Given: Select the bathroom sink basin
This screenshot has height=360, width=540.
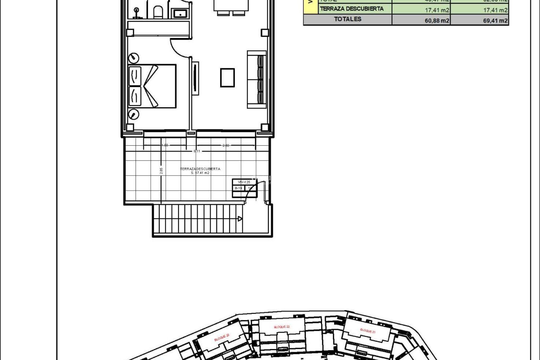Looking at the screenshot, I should pyautogui.click(x=178, y=13).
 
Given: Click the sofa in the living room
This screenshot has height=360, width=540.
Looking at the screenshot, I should pyautogui.click(x=256, y=80).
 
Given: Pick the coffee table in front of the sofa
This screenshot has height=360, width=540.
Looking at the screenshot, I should pyautogui.click(x=227, y=78).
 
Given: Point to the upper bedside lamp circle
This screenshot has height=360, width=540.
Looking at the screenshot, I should pyautogui.click(x=134, y=58).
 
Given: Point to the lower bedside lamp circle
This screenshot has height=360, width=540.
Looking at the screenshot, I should pyautogui.click(x=134, y=114).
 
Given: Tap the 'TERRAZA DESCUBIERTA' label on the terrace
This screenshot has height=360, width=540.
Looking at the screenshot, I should pyautogui.click(x=200, y=169).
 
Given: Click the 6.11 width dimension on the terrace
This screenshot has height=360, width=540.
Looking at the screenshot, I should pyautogui.click(x=197, y=151).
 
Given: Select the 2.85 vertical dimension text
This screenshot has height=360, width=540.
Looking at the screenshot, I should pyautogui.click(x=161, y=171).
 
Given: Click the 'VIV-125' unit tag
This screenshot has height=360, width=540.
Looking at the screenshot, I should pyautogui.click(x=244, y=182).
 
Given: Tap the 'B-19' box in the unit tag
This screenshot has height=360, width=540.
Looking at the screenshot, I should pyautogui.click(x=238, y=188).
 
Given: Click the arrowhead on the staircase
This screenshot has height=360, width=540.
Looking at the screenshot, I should pyautogui.click(x=240, y=219).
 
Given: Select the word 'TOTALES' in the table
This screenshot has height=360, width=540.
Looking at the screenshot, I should pyautogui.click(x=348, y=19).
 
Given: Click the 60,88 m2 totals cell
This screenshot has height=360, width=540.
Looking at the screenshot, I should pyautogui.click(x=437, y=20).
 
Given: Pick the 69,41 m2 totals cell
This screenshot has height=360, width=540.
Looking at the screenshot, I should pyautogui.click(x=495, y=20).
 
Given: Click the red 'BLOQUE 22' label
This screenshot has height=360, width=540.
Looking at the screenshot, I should pyautogui.click(x=282, y=327).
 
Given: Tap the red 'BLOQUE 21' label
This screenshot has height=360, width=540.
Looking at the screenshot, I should pyautogui.click(x=368, y=330).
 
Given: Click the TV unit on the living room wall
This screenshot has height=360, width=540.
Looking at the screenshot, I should pyautogui.click(x=195, y=78).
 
